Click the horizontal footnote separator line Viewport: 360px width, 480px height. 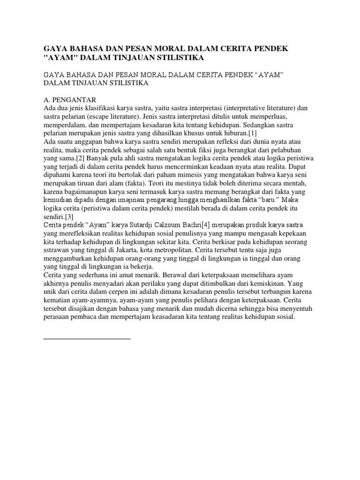(87, 337)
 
